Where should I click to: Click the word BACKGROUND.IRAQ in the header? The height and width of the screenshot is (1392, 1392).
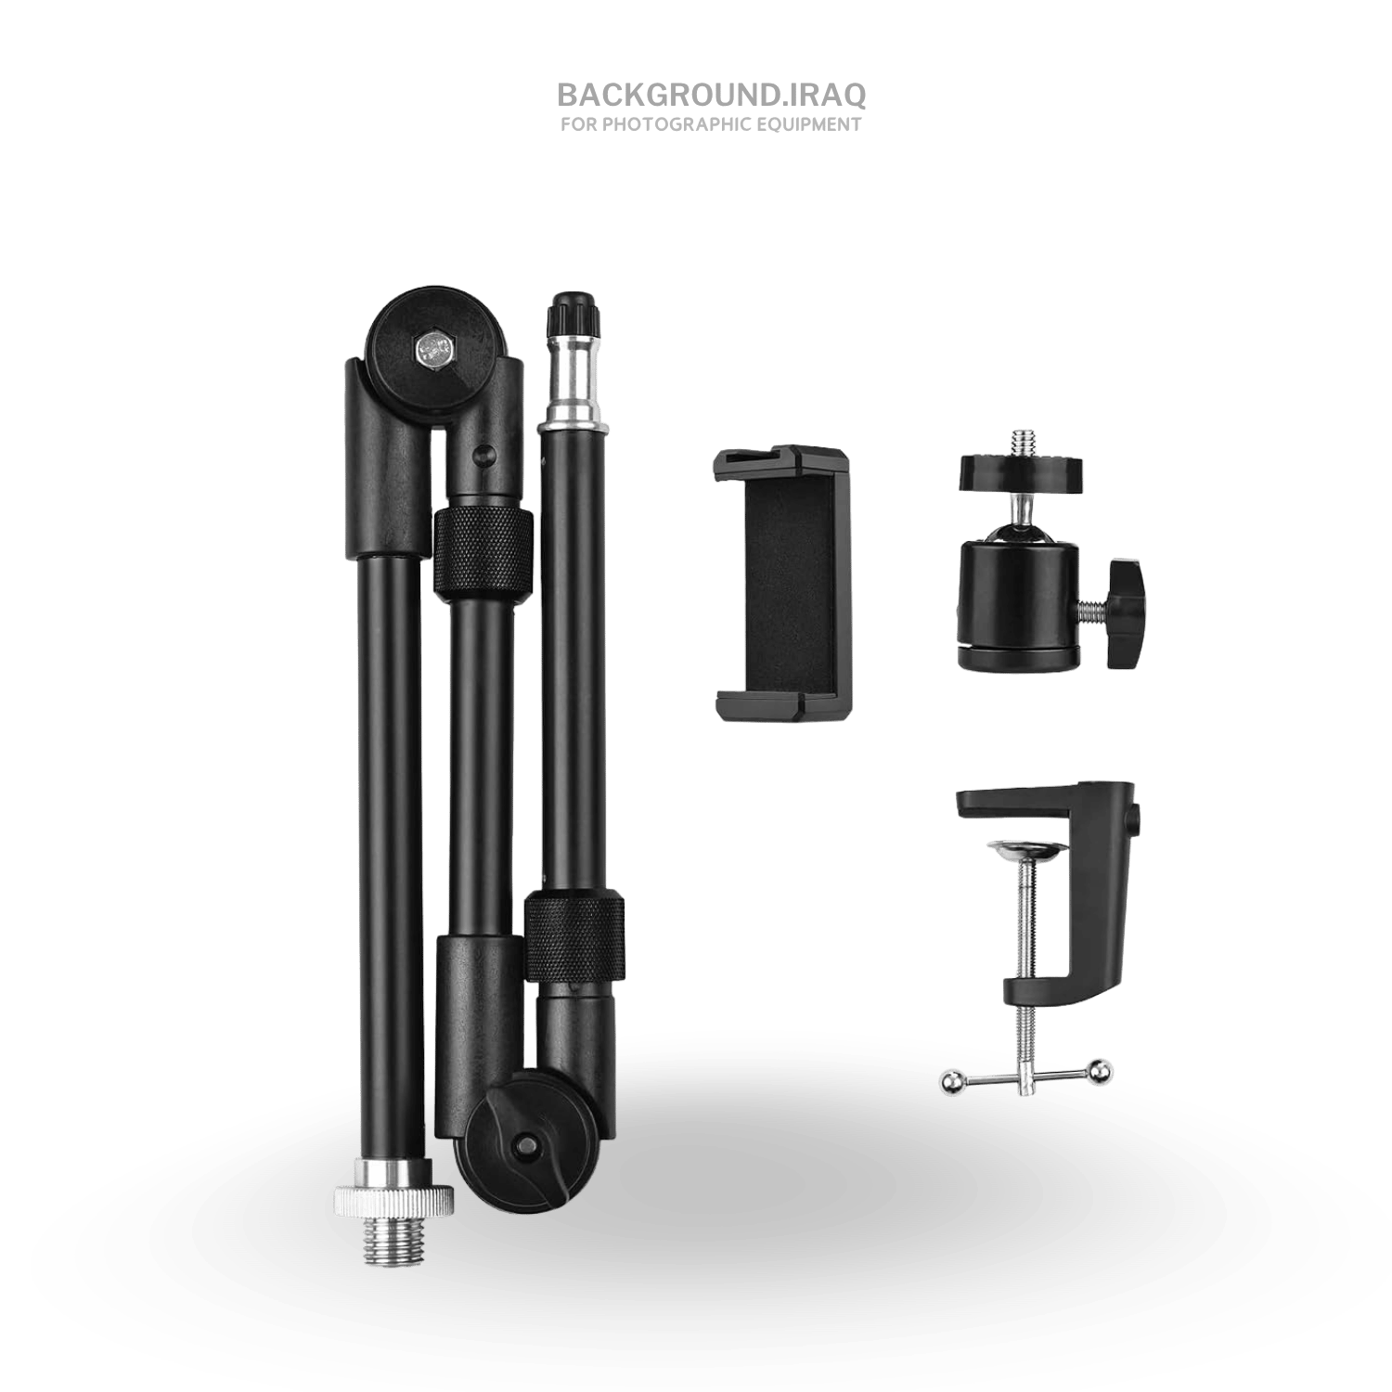tap(712, 95)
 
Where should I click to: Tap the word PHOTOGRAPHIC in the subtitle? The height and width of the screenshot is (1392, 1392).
tap(677, 124)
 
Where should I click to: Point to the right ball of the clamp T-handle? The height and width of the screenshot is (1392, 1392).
tap(1101, 1071)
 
